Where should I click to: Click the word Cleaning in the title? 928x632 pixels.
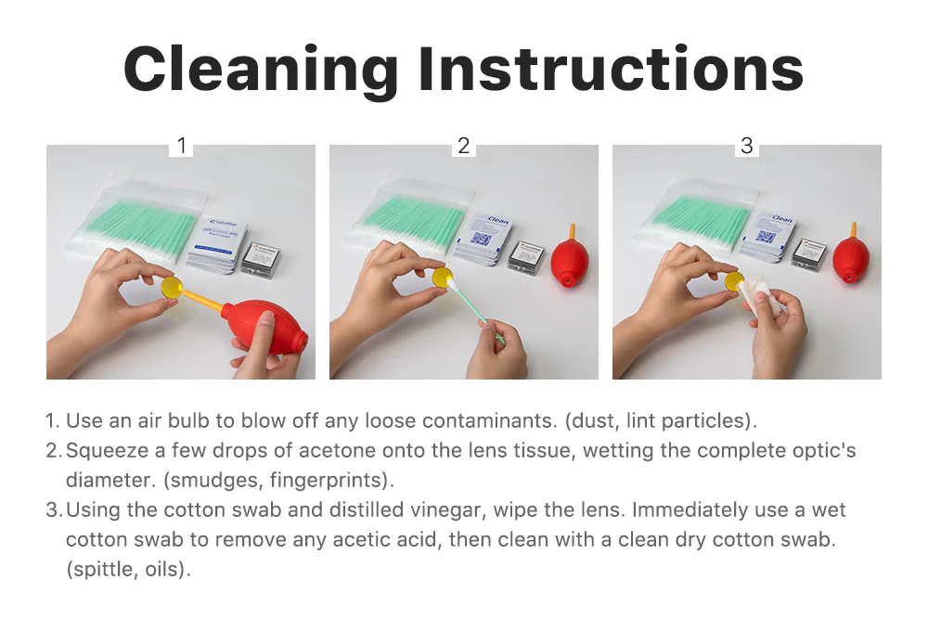pyautogui.click(x=261, y=71)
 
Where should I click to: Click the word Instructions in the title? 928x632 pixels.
pyautogui.click(x=611, y=69)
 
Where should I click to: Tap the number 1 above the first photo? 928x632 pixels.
pyautogui.click(x=182, y=146)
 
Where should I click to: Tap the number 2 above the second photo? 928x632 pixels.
pyautogui.click(x=463, y=146)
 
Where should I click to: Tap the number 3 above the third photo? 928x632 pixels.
pyautogui.click(x=747, y=146)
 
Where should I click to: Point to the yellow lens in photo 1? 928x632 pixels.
pyautogui.click(x=172, y=287)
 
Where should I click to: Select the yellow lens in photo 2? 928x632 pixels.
pyautogui.click(x=441, y=277)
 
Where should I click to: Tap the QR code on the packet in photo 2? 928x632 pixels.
pyautogui.click(x=481, y=239)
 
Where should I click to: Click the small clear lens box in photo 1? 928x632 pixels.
pyautogui.click(x=261, y=259)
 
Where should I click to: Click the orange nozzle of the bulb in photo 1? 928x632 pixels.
pyautogui.click(x=203, y=300)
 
